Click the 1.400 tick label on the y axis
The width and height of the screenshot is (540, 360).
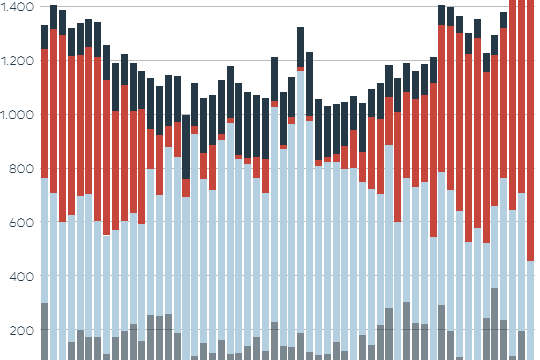pyautogui.click(x=17, y=6)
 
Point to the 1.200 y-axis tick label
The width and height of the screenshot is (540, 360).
pyautogui.click(x=17, y=60)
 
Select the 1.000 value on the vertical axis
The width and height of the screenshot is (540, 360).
pyautogui.click(x=17, y=114)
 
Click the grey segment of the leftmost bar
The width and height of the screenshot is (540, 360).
pyautogui.click(x=44, y=330)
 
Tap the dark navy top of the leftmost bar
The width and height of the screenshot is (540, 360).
pyautogui.click(x=44, y=36)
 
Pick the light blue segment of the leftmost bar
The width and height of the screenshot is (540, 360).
pyautogui.click(x=44, y=240)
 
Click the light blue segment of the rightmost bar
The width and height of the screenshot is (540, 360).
pyautogui.click(x=530, y=310)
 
